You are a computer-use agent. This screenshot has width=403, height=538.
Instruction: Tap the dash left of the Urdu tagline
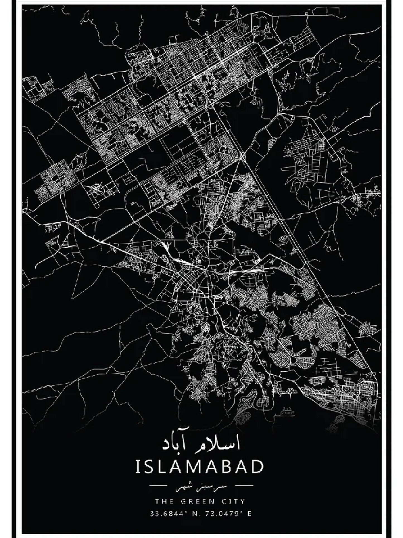tap(158, 494)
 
